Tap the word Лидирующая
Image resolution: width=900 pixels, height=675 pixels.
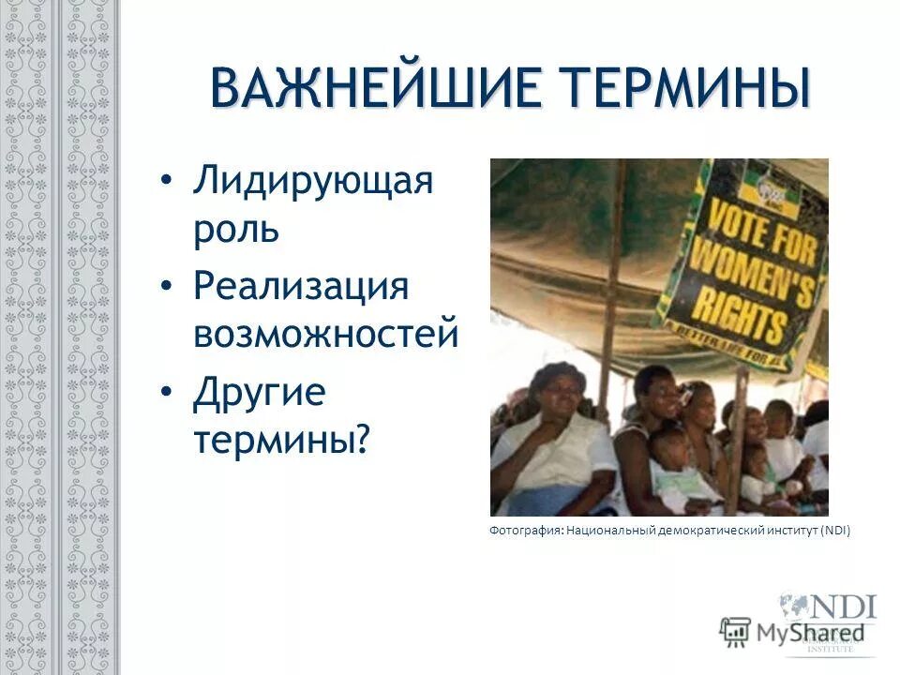pyautogui.click(x=313, y=181)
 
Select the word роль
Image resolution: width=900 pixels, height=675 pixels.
pyautogui.click(x=236, y=229)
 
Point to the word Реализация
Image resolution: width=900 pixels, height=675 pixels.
pyautogui.click(x=301, y=287)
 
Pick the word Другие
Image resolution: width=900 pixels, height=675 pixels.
pyautogui.click(x=259, y=393)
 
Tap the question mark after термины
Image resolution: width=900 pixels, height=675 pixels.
pyautogui.click(x=363, y=439)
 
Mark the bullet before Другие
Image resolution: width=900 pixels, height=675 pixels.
pyautogui.click(x=167, y=391)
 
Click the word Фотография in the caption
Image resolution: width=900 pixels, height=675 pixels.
pyautogui.click(x=525, y=531)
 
